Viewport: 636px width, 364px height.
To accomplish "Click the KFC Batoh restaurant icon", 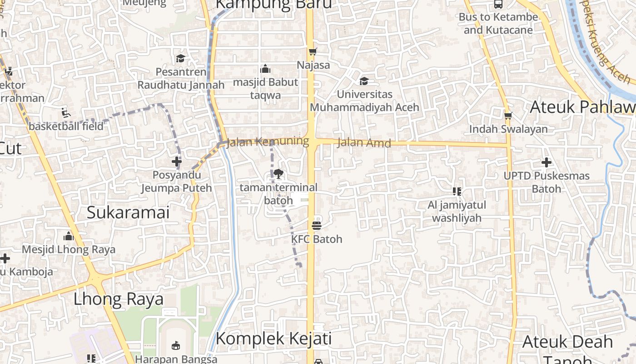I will [317, 225].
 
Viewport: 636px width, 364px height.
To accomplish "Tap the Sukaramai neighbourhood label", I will [128, 212].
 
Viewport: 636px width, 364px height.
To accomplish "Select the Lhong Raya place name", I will [119, 299].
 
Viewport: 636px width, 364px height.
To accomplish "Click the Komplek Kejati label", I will [273, 339].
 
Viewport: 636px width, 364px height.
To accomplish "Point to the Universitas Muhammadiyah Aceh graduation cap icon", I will [364, 81].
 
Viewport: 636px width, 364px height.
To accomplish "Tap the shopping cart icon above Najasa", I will [312, 52].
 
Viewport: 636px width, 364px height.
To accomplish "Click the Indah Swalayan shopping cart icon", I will [508, 116].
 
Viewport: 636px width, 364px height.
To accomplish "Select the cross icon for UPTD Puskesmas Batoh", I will [547, 162].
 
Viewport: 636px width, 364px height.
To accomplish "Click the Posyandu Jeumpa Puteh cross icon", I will [177, 162].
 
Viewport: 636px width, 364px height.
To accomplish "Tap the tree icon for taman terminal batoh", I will [278, 173].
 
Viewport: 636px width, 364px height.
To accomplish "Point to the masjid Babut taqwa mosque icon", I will [265, 69].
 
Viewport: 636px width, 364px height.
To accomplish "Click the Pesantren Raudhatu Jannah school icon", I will [181, 58].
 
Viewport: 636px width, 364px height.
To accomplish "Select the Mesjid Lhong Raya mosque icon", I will [69, 236].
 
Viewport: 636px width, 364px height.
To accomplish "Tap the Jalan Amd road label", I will [364, 143].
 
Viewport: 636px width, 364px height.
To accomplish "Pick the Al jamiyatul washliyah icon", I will [457, 192].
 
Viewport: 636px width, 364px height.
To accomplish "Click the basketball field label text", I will [66, 126].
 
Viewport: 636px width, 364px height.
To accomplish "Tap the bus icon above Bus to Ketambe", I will [498, 5].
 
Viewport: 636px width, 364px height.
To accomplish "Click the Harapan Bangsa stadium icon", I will [176, 346].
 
